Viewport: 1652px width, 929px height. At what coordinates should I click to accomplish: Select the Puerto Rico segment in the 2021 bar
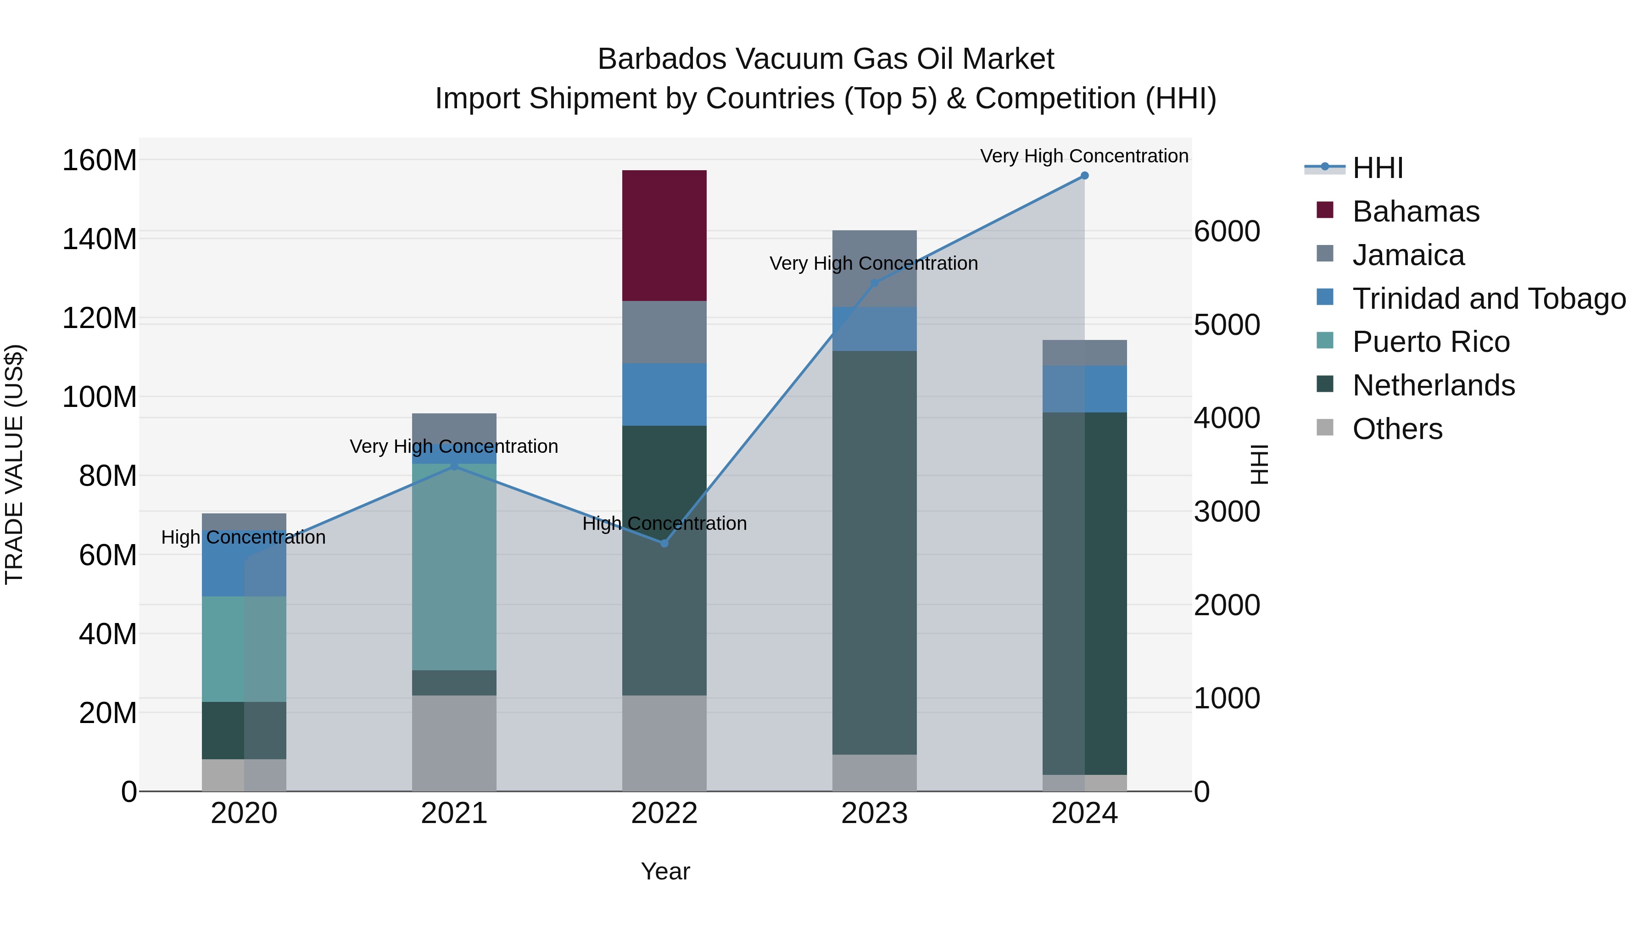(453, 567)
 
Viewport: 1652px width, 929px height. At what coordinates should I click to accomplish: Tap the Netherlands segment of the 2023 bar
(874, 551)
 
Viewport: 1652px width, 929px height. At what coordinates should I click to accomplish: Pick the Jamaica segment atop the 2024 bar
(1084, 353)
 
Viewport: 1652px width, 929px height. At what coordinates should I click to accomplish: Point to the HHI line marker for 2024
(1084, 176)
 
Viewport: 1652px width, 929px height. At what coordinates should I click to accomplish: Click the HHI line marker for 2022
(664, 544)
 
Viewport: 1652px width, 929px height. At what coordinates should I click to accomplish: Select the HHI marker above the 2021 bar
(454, 466)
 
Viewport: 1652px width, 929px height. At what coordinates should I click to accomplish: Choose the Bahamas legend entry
(1415, 211)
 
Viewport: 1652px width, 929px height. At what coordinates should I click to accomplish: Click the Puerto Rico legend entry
(1430, 342)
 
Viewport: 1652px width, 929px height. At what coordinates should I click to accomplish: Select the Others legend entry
(1397, 429)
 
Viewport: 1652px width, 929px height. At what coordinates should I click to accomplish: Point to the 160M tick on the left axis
(100, 160)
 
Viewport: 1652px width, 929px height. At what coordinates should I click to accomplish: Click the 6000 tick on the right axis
(1226, 232)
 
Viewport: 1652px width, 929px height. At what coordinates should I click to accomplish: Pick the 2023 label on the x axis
(874, 813)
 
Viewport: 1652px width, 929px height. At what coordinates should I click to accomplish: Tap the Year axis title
(665, 871)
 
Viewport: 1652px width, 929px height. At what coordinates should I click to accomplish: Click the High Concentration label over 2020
(243, 537)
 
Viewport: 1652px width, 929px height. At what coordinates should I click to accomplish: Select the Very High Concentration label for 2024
(1084, 156)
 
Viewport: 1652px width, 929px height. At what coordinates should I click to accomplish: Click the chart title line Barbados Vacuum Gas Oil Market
(826, 59)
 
